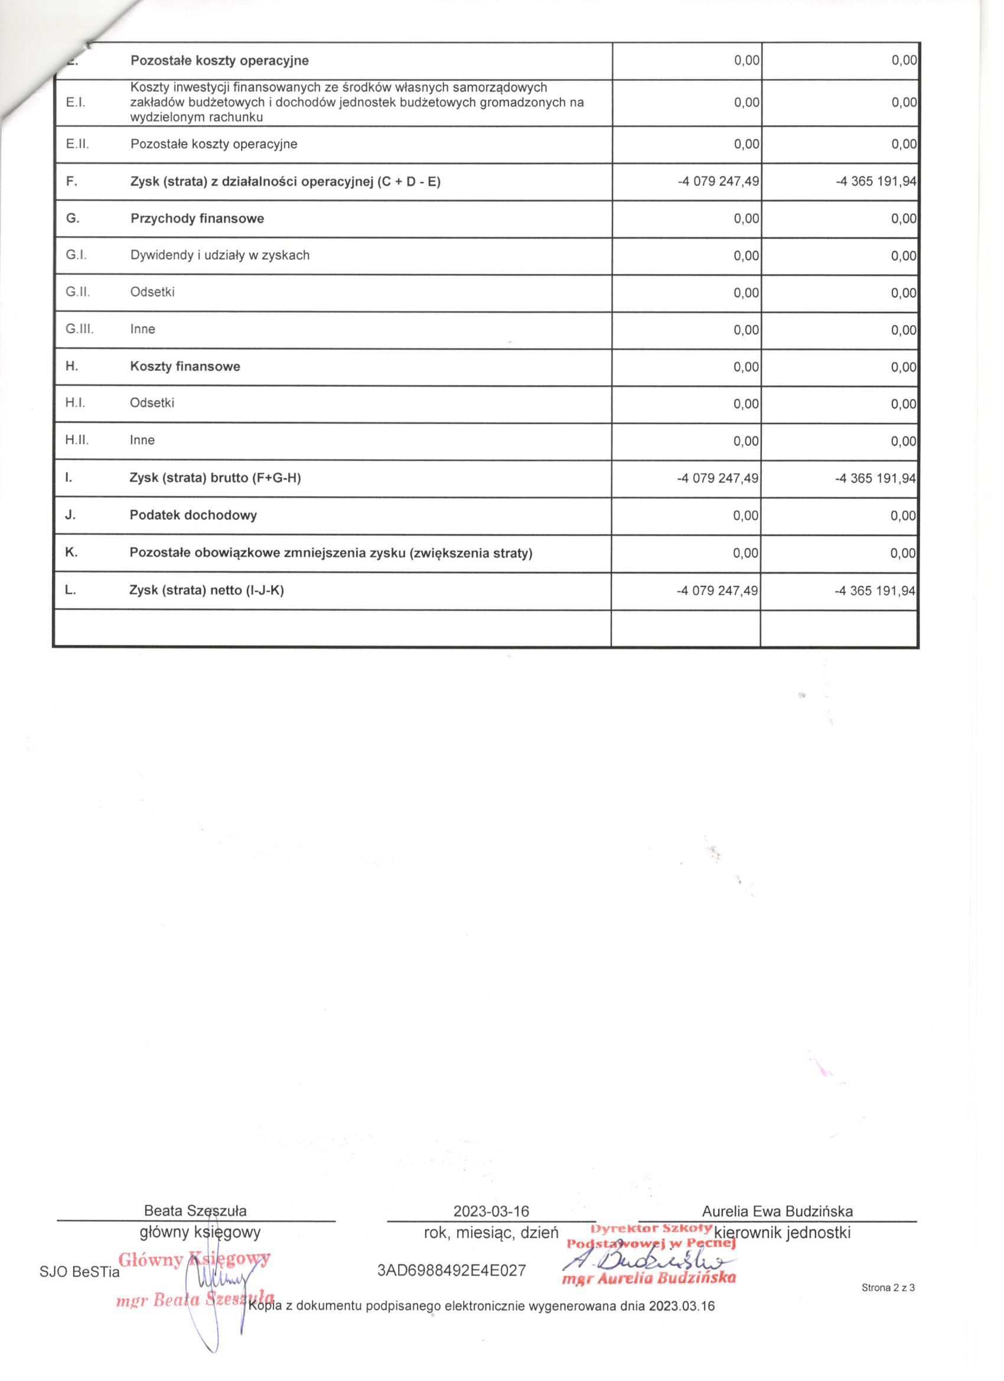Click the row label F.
[71, 181]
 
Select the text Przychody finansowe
[197, 219]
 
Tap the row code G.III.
[79, 329]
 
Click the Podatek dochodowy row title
[193, 515]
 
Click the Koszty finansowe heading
[185, 367]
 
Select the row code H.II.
[77, 439]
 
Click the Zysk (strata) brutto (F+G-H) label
[215, 478]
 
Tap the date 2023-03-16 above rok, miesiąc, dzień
[491, 1211]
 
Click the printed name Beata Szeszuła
[195, 1210]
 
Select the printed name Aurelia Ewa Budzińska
[777, 1211]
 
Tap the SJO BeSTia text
[79, 1273]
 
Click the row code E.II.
[77, 144]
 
